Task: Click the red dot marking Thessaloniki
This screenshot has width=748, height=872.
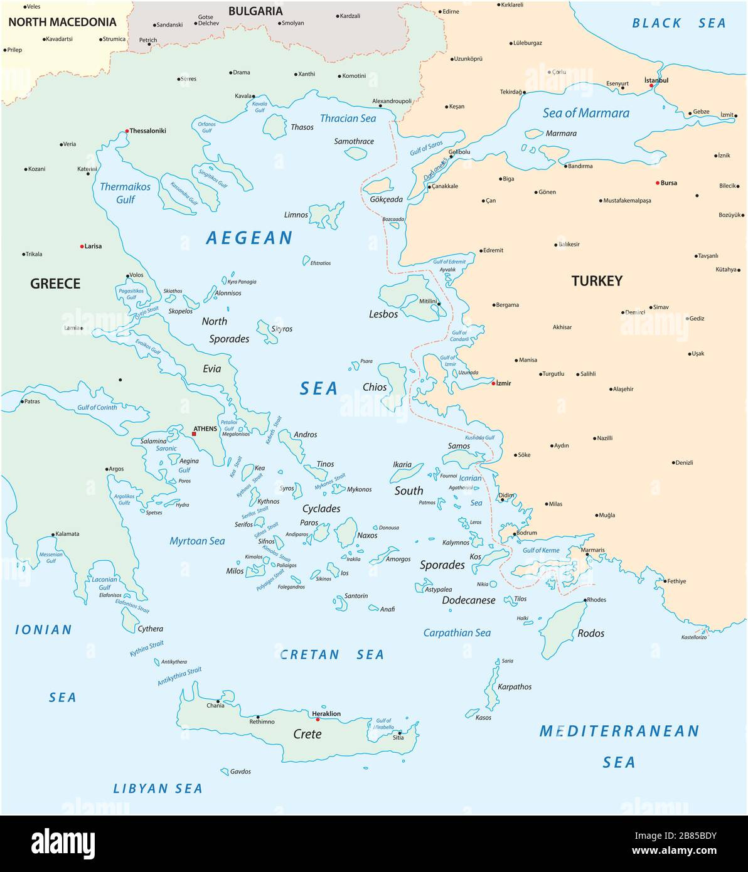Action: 127,131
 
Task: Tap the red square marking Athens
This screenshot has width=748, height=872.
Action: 194,433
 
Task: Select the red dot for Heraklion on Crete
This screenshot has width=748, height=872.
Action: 318,719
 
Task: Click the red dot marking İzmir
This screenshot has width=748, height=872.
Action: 493,383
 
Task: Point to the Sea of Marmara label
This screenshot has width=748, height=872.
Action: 585,113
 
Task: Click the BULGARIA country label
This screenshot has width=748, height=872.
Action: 255,11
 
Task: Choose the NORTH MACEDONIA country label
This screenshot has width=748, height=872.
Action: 62,22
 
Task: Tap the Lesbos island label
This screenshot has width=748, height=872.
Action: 383,314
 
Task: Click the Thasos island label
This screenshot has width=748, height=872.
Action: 302,127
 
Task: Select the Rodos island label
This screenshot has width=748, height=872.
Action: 590,633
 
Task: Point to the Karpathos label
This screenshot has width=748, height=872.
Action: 514,686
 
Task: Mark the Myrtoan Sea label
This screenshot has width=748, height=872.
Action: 197,541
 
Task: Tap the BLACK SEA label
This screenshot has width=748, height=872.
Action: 678,23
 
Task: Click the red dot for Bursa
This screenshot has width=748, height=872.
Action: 657,183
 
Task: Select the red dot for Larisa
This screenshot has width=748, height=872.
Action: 82,247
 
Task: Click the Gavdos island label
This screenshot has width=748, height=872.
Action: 240,772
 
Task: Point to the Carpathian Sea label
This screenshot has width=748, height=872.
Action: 457,632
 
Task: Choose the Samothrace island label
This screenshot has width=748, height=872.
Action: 354,141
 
